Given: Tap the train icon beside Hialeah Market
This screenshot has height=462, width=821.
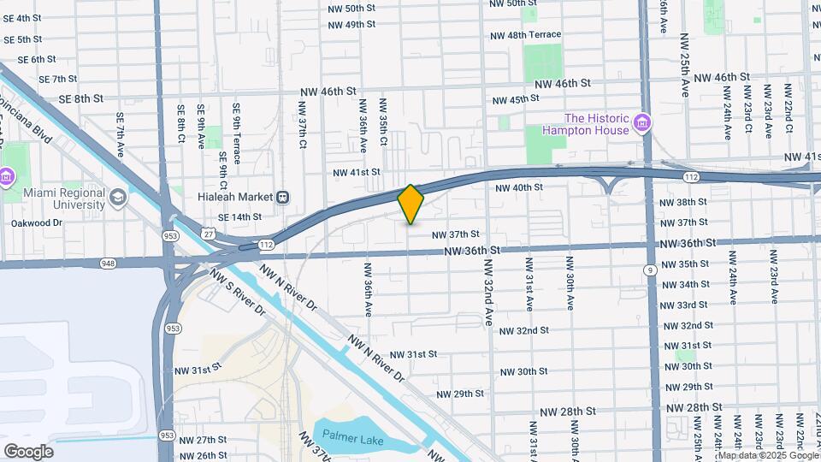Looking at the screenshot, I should coord(282,197).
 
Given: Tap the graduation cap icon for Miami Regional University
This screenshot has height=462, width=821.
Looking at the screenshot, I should coord(117,198).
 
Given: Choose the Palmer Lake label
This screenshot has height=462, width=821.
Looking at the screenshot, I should coord(349,442).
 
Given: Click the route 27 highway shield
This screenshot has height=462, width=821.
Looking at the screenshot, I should coord(209,232).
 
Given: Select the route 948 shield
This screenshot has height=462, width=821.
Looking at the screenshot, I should coord(107,263).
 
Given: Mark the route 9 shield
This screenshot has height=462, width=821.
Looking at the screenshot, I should coord(651,270).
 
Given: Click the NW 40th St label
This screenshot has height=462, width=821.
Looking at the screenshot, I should coord(518,187).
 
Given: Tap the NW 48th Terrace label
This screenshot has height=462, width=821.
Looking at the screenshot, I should coord(525,35).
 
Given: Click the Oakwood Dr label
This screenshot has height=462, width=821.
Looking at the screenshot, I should coord(37,222).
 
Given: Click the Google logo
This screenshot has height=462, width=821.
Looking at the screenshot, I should coord(28,451).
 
